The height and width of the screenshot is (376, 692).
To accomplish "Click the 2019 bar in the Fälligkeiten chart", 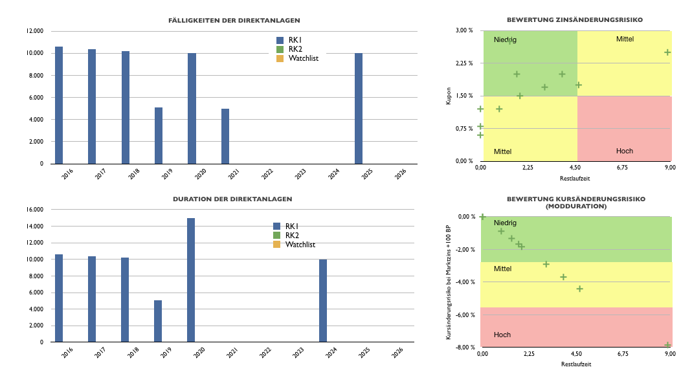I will click(x=159, y=135).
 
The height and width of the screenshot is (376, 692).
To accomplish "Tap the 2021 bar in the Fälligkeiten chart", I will click(x=225, y=136).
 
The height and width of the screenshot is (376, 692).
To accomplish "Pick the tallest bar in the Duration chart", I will click(x=191, y=280).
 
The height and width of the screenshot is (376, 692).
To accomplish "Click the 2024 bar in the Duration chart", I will click(x=323, y=300).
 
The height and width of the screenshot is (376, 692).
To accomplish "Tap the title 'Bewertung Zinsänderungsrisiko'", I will click(x=574, y=20).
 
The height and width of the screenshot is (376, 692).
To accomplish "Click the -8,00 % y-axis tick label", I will click(x=464, y=348).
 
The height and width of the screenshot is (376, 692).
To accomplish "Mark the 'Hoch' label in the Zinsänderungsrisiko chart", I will click(x=625, y=151).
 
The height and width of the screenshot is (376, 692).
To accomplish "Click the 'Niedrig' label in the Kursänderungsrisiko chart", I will click(x=505, y=223).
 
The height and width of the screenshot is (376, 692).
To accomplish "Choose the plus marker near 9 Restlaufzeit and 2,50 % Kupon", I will click(x=667, y=52).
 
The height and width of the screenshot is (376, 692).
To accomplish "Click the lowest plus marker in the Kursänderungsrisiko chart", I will click(x=667, y=345).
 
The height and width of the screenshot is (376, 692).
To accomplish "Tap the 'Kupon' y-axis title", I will click(x=448, y=96).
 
